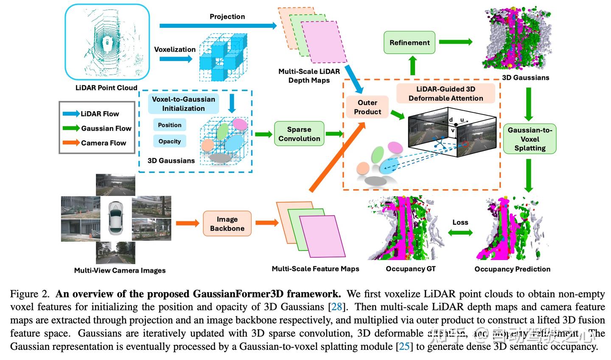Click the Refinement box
[409, 42]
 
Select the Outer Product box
[367, 107]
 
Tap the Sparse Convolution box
[299, 134]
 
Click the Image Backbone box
[227, 224]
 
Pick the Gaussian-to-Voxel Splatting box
[530, 139]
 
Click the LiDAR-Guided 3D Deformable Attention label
[446, 94]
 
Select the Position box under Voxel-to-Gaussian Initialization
[170, 125]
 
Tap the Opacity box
[170, 141]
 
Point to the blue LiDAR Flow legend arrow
[71, 114]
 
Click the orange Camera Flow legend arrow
[71, 143]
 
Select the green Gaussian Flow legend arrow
[71, 128]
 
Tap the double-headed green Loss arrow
[460, 232]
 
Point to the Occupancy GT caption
[410, 269]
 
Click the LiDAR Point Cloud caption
[106, 88]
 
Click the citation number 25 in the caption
[404, 347]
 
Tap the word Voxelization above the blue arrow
[175, 49]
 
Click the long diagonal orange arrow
[337, 157]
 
